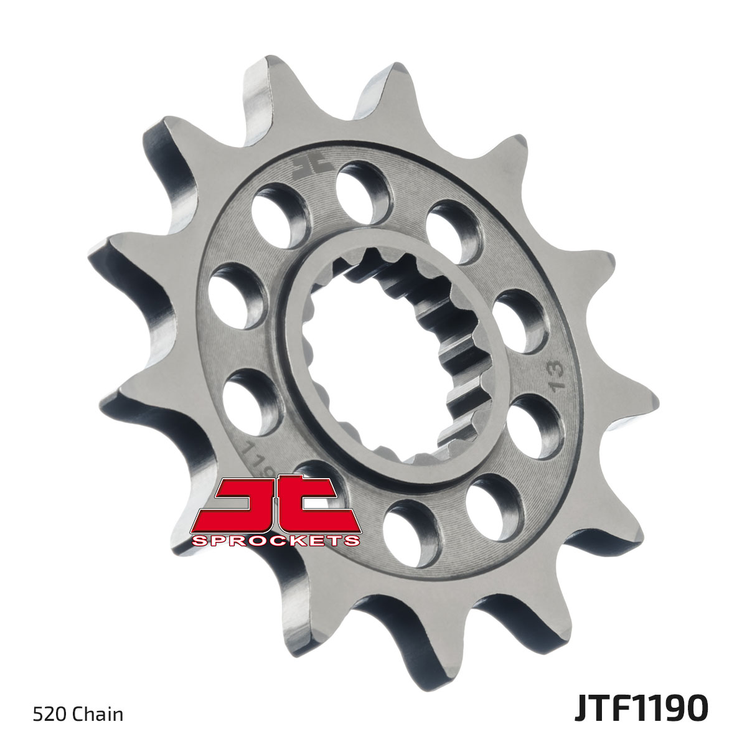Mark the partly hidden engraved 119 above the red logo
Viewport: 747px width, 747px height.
(252, 458)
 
